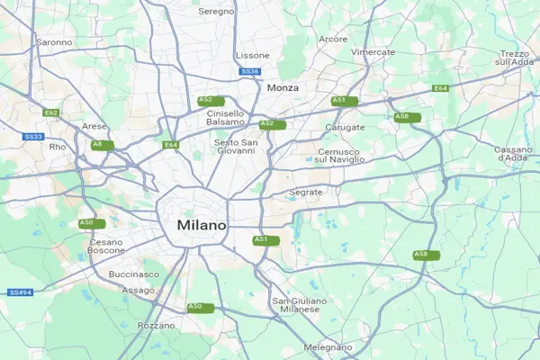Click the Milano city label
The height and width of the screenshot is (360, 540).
(202, 224)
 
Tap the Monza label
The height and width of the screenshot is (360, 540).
(283, 87)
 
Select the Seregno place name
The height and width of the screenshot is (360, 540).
(216, 11)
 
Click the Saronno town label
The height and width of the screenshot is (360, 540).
(54, 42)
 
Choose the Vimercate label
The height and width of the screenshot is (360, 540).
(373, 52)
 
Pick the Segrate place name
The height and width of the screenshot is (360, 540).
(306, 193)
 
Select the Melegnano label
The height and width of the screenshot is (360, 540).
(328, 346)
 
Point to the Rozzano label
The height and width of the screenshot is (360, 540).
(157, 325)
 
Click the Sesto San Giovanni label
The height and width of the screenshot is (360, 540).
(236, 147)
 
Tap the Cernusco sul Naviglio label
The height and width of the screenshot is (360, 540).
(340, 156)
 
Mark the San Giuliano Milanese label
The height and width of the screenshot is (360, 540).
(296, 304)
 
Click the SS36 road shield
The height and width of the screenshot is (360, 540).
(250, 71)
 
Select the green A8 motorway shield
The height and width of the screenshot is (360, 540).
(97, 144)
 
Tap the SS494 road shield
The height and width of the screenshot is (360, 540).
(20, 292)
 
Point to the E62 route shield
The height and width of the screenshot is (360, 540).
(51, 112)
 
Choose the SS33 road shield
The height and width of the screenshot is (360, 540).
(33, 136)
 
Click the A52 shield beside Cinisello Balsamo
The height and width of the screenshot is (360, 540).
(205, 100)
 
